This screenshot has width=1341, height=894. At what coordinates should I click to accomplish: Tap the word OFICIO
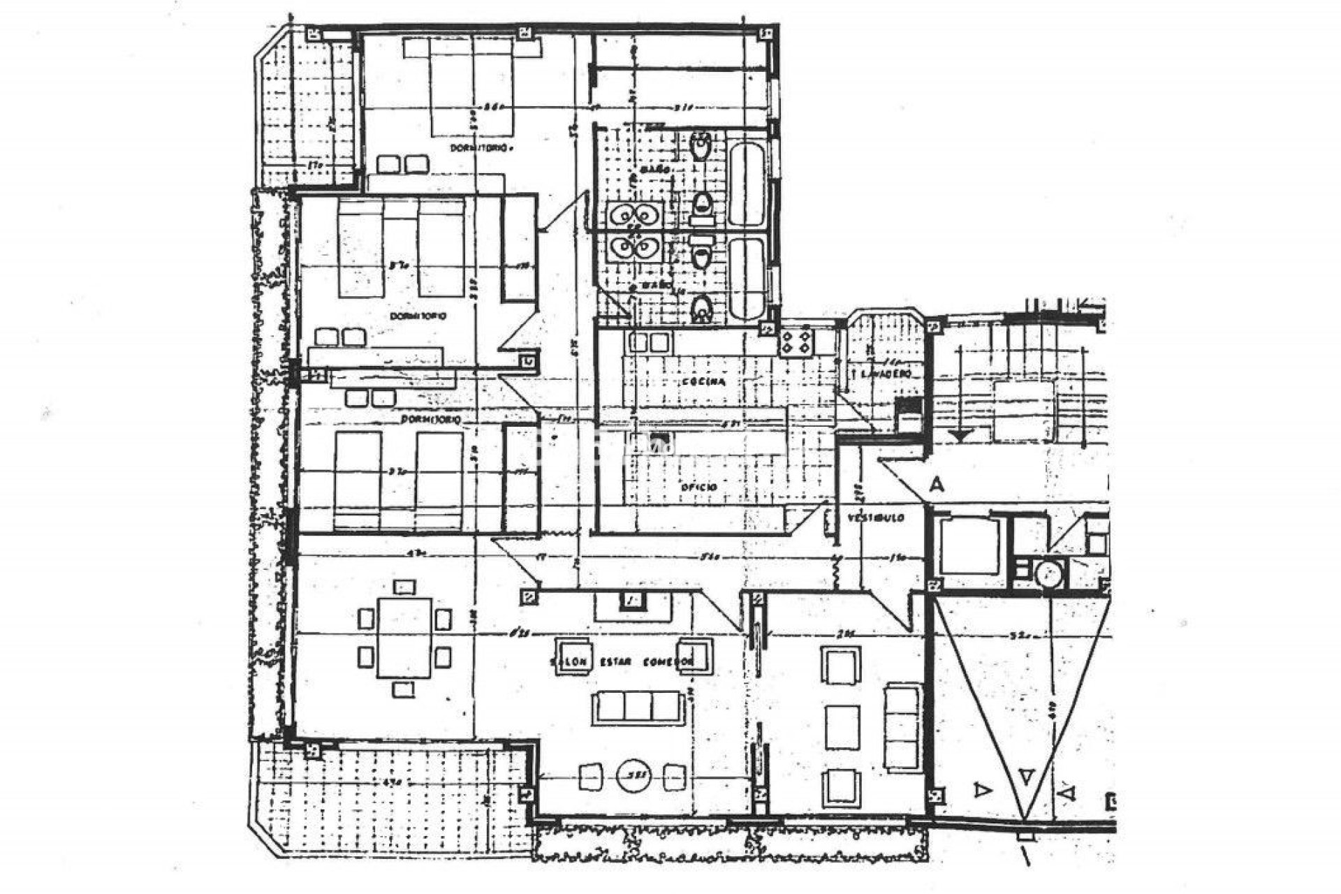coord(699,487)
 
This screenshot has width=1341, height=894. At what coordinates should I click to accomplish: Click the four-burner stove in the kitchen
coord(797,343)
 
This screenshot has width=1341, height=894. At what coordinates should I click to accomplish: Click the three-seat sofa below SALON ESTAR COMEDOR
coord(638,708)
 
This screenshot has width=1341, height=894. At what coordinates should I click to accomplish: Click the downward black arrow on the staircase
coord(961,435)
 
